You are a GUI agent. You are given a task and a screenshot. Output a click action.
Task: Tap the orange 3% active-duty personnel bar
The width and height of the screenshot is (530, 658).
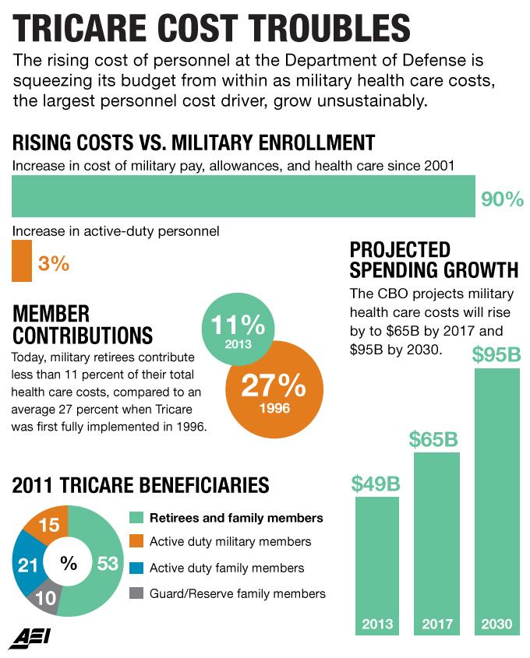22,262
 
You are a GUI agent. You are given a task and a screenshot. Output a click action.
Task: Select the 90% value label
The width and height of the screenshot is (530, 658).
501,199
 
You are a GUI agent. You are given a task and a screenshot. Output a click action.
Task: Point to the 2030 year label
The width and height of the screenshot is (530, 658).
496,624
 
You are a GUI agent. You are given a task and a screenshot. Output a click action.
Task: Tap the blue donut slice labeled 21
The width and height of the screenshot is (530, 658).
26,565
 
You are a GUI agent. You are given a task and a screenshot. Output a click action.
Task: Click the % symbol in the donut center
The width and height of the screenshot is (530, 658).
69,562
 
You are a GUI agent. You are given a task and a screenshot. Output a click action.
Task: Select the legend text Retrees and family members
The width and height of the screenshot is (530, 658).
236,518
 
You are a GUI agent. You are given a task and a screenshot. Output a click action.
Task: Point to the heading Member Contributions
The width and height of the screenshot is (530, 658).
83,325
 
